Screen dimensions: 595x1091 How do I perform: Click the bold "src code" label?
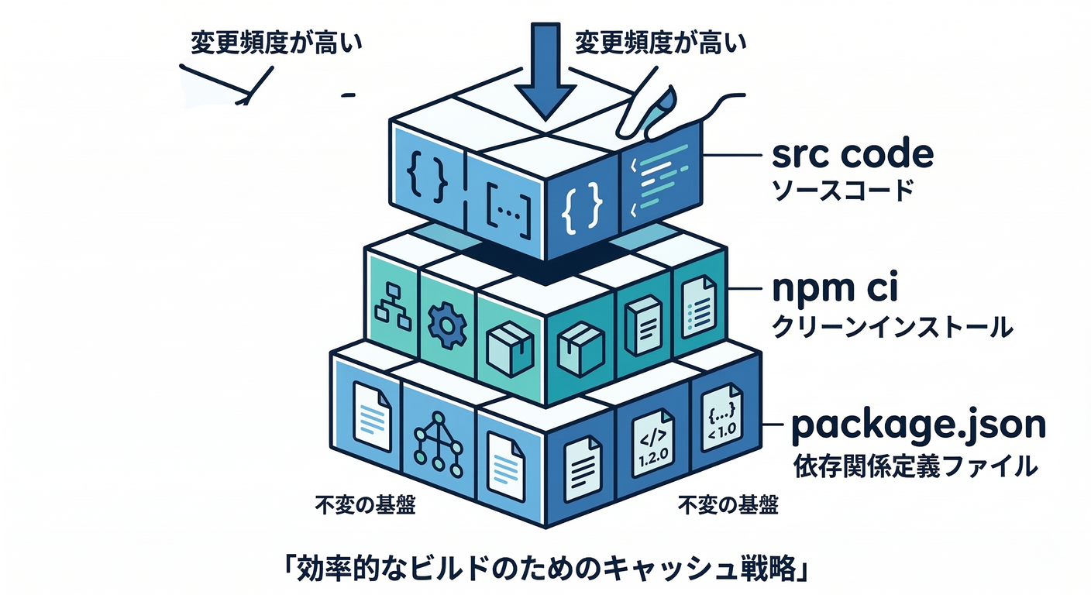pyautogui.click(x=853, y=156)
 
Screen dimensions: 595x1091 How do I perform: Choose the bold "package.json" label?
pyautogui.click(x=917, y=425)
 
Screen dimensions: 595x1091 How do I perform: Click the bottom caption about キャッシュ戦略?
pyautogui.click(x=545, y=570)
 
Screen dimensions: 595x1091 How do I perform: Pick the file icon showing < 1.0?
pyautogui.click(x=720, y=425)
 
